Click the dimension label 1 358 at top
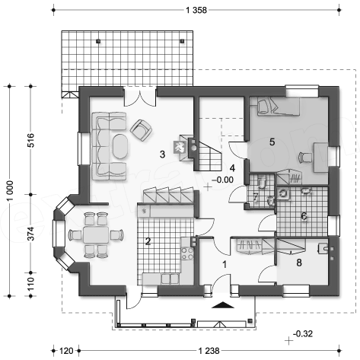(196, 10)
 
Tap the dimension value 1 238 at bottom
(209, 351)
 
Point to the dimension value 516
(30, 140)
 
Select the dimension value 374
(30, 234)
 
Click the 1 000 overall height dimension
(10, 190)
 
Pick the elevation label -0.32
(303, 333)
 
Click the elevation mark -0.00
(222, 180)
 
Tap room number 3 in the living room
(162, 155)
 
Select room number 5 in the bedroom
(272, 142)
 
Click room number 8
(299, 263)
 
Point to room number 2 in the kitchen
(148, 241)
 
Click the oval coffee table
(120, 146)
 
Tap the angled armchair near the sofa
(141, 130)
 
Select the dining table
(96, 234)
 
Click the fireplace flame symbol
(180, 148)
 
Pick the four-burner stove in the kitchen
(187, 253)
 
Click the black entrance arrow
(223, 305)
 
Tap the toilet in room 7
(262, 183)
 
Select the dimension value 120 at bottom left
(66, 351)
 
